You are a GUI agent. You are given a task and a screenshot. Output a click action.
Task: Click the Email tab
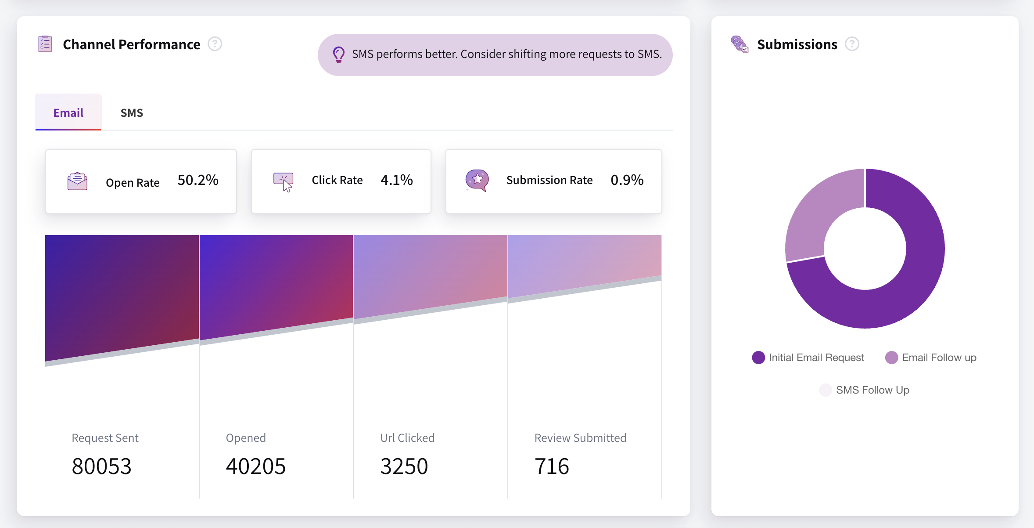tap(68, 113)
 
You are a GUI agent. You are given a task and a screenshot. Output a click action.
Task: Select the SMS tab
tap(132, 113)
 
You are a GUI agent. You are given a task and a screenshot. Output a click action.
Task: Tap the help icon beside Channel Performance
tap(215, 44)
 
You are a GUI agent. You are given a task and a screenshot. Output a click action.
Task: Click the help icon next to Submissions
tap(852, 44)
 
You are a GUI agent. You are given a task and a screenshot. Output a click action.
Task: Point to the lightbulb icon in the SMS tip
tap(338, 54)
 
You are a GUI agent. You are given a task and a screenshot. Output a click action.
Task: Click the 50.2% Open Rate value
tap(198, 180)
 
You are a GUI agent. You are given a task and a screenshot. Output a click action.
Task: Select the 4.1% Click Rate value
tap(396, 180)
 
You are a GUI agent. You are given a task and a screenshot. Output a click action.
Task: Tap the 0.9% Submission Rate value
tap(627, 180)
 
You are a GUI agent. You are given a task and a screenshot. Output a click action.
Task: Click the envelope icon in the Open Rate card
tap(77, 181)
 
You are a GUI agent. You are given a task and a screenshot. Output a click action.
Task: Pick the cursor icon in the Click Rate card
tap(284, 181)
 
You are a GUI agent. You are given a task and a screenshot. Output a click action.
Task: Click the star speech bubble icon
tap(477, 180)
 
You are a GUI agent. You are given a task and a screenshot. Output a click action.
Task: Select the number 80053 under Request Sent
tap(101, 467)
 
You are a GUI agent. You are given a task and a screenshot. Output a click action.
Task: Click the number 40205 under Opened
tap(255, 467)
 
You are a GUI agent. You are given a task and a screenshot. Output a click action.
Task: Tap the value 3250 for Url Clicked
tap(404, 467)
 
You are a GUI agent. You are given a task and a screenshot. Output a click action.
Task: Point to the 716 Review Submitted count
tap(552, 467)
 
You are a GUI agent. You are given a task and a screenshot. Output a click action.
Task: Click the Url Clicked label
tap(407, 438)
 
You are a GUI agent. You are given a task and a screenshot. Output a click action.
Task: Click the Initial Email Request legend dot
tap(758, 358)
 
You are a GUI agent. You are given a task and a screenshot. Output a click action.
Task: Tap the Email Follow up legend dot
tap(891, 358)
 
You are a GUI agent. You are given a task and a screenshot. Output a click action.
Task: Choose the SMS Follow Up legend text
tap(872, 390)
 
